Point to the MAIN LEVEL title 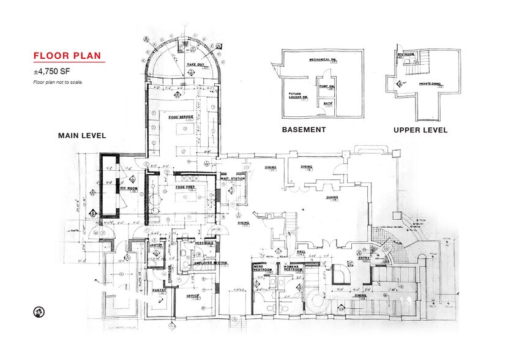[x=82, y=135]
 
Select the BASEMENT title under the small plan [x=303, y=130]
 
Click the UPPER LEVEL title [x=420, y=130]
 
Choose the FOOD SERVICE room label [x=181, y=116]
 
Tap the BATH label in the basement [x=327, y=103]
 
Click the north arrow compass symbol [x=38, y=312]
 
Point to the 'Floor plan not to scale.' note [x=58, y=82]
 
